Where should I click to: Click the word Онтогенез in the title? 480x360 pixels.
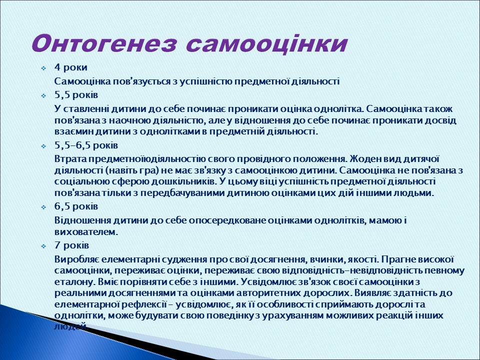104,43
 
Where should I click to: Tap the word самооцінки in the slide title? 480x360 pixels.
266,43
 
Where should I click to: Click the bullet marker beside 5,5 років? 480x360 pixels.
43,95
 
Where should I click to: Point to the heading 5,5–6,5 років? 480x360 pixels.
86,145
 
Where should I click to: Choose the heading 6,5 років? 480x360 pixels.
76,206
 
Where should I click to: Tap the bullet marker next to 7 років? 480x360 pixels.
43,246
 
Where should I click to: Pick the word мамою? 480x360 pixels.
384,220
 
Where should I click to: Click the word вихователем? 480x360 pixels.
85,232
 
